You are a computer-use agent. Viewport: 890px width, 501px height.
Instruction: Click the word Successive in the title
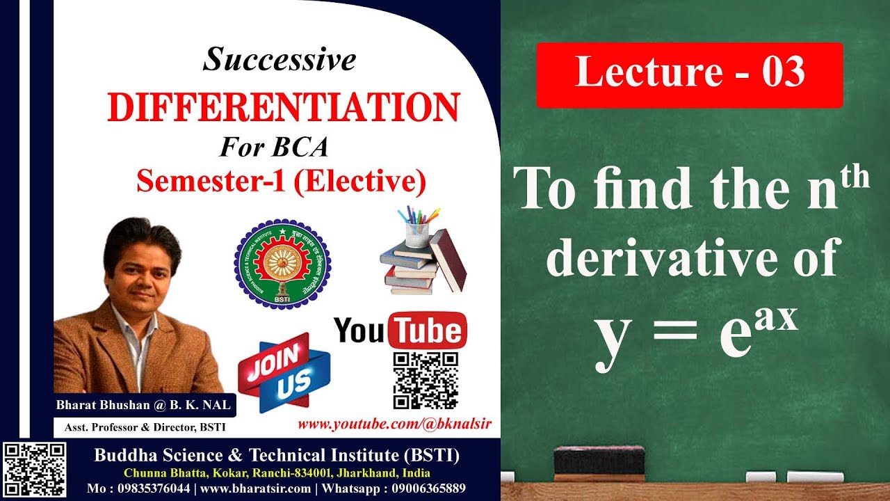tap(280, 60)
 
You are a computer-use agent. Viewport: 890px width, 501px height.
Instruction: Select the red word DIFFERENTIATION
tap(283, 108)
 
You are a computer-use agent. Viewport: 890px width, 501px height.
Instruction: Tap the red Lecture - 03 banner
tap(690, 74)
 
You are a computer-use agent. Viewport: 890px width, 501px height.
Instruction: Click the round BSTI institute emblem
tap(282, 264)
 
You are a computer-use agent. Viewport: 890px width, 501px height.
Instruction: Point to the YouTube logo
tap(400, 331)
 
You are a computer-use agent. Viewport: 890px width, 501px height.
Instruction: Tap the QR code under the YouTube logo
tap(426, 380)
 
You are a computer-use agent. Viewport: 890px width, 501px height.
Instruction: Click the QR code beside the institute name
tap(34, 470)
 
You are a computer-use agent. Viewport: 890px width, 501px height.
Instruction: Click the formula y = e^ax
tap(695, 334)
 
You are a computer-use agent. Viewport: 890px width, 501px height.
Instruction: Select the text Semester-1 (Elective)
tap(281, 181)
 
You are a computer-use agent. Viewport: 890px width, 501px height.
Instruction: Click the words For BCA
tap(274, 148)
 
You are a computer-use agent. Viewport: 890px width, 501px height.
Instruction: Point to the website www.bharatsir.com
tap(255, 488)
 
